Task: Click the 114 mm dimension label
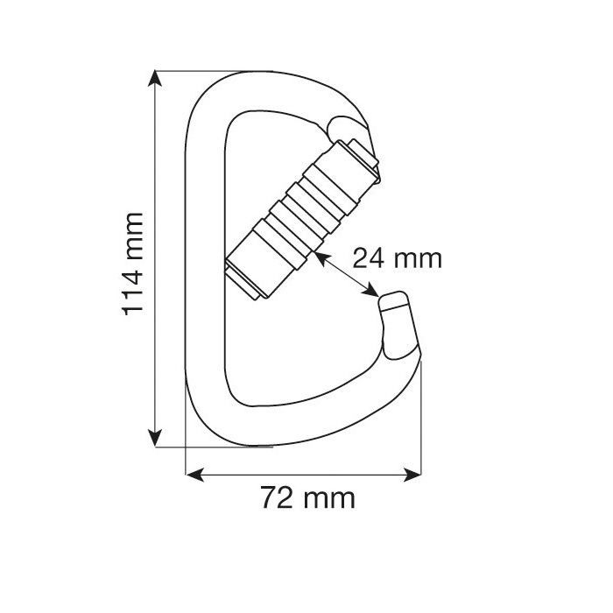(132, 263)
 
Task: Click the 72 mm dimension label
(308, 499)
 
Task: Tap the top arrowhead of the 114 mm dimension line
(156, 79)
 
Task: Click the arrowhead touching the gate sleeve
(319, 257)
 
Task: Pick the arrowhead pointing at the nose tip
(371, 293)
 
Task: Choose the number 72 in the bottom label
(278, 499)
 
